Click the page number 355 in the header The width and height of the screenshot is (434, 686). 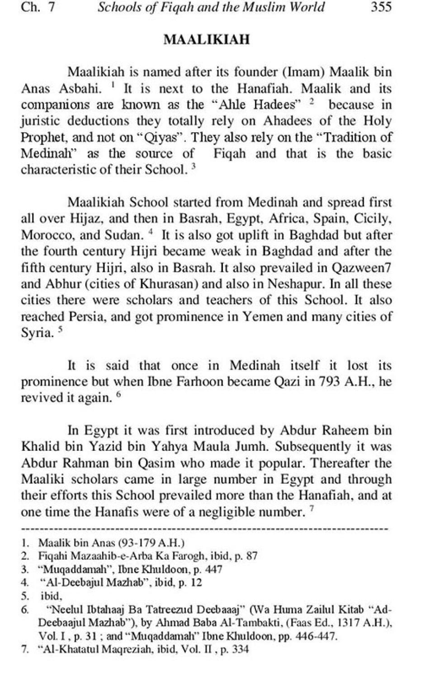tap(380, 7)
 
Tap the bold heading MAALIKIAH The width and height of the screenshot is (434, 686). tap(206, 40)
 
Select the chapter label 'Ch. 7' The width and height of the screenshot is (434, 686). tap(38, 7)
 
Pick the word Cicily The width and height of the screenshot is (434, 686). tap(371, 219)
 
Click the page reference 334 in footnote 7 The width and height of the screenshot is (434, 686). tap(241, 650)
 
